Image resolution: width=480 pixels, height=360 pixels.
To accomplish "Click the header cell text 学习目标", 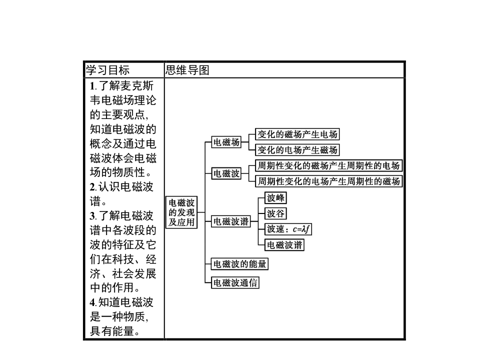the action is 107,70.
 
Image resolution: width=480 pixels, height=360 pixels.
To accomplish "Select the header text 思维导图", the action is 187,70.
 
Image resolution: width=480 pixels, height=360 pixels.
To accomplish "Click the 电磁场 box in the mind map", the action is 226,142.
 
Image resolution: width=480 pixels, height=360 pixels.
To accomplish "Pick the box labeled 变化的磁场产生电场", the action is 297,134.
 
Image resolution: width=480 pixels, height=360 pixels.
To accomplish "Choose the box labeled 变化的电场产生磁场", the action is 297,149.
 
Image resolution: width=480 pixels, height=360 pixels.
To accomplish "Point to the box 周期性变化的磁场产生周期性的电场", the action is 328,166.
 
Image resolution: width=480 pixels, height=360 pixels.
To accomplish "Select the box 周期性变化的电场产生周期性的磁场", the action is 328,181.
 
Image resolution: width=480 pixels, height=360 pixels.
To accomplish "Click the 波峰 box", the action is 276,198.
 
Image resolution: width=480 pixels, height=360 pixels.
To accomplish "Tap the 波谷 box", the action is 276,214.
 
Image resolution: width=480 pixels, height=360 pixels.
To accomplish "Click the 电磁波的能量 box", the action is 239,263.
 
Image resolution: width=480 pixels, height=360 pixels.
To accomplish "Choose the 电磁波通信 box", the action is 235,282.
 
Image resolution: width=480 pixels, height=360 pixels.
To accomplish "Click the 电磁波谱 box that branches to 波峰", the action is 231,221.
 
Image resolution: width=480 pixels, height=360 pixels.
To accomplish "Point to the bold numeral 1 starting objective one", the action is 92,85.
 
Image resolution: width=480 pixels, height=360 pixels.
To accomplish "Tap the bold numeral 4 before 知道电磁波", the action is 92,302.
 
